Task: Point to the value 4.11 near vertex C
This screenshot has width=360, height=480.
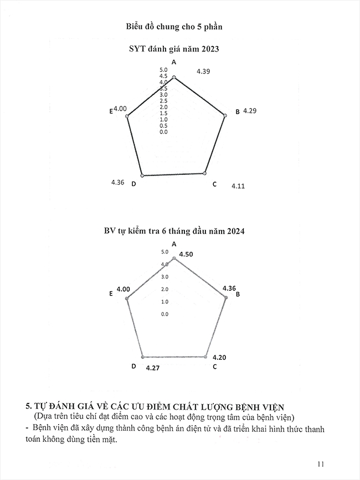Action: point(238,186)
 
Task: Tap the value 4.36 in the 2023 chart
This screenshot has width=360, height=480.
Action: point(117,182)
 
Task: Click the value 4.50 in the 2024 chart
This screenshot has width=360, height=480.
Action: point(186,254)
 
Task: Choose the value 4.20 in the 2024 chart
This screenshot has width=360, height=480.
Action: point(219,358)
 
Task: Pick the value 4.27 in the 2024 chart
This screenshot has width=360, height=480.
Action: point(153,367)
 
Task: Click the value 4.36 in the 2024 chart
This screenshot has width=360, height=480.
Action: point(229,288)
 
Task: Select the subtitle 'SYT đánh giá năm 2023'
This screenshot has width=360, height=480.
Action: point(174,49)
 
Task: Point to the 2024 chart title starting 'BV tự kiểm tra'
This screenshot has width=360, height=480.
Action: point(174,231)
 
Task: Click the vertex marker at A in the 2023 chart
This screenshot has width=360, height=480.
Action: point(174,78)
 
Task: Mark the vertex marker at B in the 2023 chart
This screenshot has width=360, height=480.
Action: point(224,115)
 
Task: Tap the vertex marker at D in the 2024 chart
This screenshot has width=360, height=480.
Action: point(142,357)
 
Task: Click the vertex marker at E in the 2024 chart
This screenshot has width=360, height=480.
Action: point(127,298)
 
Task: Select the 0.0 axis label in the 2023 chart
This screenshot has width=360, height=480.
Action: point(163,132)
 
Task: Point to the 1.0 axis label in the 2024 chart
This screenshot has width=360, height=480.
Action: point(164,302)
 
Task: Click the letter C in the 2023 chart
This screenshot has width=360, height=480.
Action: point(214,184)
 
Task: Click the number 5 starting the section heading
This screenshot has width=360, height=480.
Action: point(22,406)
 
